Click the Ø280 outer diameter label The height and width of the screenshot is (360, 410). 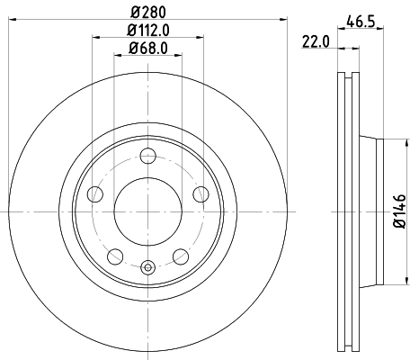coord(147,12)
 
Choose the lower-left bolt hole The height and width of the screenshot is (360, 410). coord(115,256)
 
